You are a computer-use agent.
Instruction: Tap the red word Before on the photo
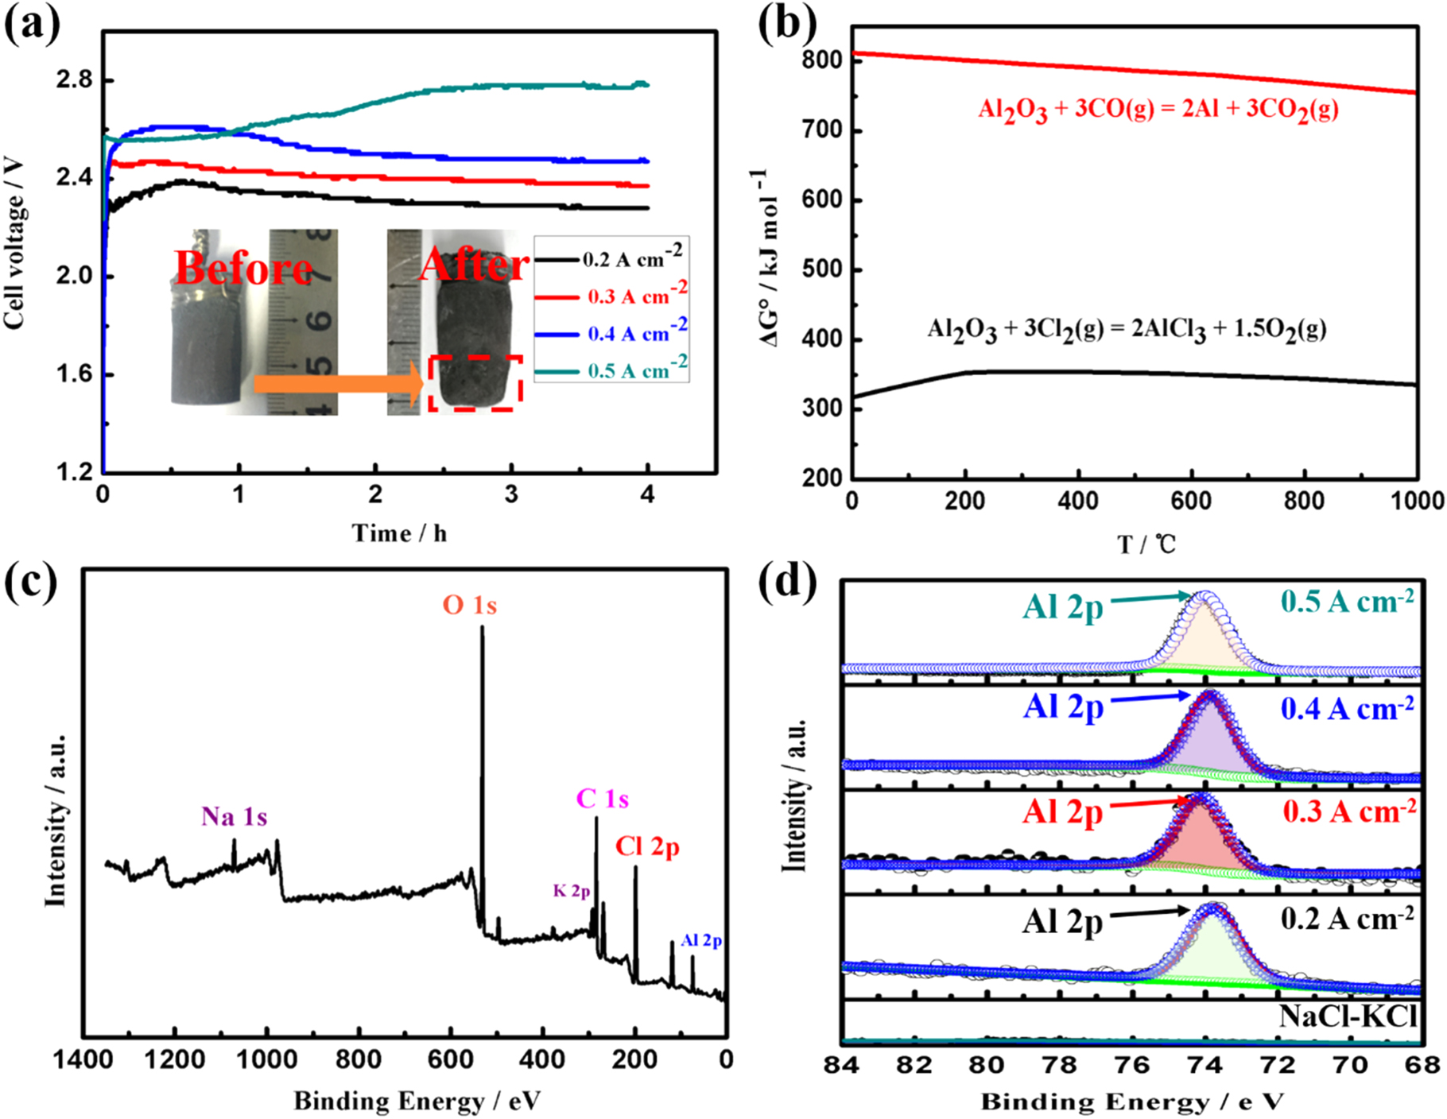(244, 268)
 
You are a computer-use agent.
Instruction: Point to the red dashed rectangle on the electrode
(475, 383)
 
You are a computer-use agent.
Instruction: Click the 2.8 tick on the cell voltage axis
(74, 80)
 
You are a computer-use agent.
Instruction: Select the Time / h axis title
(399, 532)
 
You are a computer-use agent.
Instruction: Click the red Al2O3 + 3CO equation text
(1158, 110)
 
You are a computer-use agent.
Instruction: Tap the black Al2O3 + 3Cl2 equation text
(1126, 329)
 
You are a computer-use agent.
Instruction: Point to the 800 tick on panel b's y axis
(822, 60)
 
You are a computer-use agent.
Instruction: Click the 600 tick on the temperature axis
(1191, 501)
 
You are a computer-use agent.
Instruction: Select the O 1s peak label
(470, 606)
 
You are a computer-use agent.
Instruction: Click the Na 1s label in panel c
(234, 816)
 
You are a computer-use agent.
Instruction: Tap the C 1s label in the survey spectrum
(602, 799)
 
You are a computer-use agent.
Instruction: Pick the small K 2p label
(572, 891)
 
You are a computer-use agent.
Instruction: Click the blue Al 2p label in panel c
(700, 940)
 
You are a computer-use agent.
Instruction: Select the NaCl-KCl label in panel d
(1348, 1016)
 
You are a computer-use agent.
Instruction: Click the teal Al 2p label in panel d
(1063, 607)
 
